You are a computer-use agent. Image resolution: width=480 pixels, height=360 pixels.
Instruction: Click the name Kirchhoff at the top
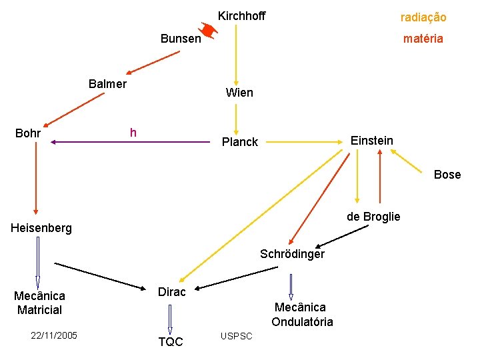pos(241,16)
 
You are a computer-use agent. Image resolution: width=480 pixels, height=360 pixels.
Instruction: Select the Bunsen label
pos(181,39)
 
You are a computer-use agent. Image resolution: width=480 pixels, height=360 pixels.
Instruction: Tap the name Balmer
pos(107,84)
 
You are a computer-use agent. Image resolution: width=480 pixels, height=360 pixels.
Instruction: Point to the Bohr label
pos(27,133)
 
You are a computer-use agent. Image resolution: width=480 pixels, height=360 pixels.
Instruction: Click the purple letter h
pos(133,133)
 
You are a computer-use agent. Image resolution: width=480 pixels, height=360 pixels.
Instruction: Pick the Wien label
pos(239,93)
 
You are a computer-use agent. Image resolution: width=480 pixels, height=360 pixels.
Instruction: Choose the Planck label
pos(239,142)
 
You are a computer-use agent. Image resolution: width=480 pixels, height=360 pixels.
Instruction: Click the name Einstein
pos(372,141)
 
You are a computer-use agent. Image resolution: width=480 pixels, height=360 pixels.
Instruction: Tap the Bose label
pos(447,175)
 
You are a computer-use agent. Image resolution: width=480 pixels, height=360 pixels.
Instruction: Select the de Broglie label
pos(373,217)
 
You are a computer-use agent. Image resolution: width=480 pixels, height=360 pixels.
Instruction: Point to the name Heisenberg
pos(41,229)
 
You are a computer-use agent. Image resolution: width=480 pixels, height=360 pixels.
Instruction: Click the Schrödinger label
pos(292,254)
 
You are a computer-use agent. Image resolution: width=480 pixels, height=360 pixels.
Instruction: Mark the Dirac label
pos(171,292)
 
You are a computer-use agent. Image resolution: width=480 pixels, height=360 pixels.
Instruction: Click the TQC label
pos(171,342)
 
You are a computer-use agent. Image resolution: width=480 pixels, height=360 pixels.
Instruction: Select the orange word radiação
pos(423,17)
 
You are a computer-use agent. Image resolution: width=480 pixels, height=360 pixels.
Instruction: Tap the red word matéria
pos(423,39)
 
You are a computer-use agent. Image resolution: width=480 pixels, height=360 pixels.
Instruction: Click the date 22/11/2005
pos(54,335)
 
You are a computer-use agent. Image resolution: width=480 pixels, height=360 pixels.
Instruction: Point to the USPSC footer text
pos(236,336)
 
